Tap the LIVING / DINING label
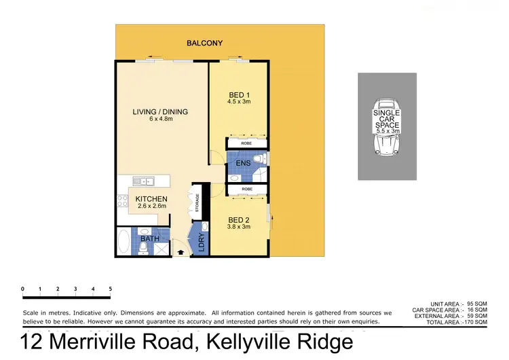(159, 112)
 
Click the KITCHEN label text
(151, 199)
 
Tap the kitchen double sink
(143, 181)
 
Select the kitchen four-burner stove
(124, 200)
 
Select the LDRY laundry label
(202, 243)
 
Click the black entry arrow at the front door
(180, 252)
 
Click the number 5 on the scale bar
(110, 289)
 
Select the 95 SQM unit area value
(477, 304)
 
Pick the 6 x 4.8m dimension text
(159, 120)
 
